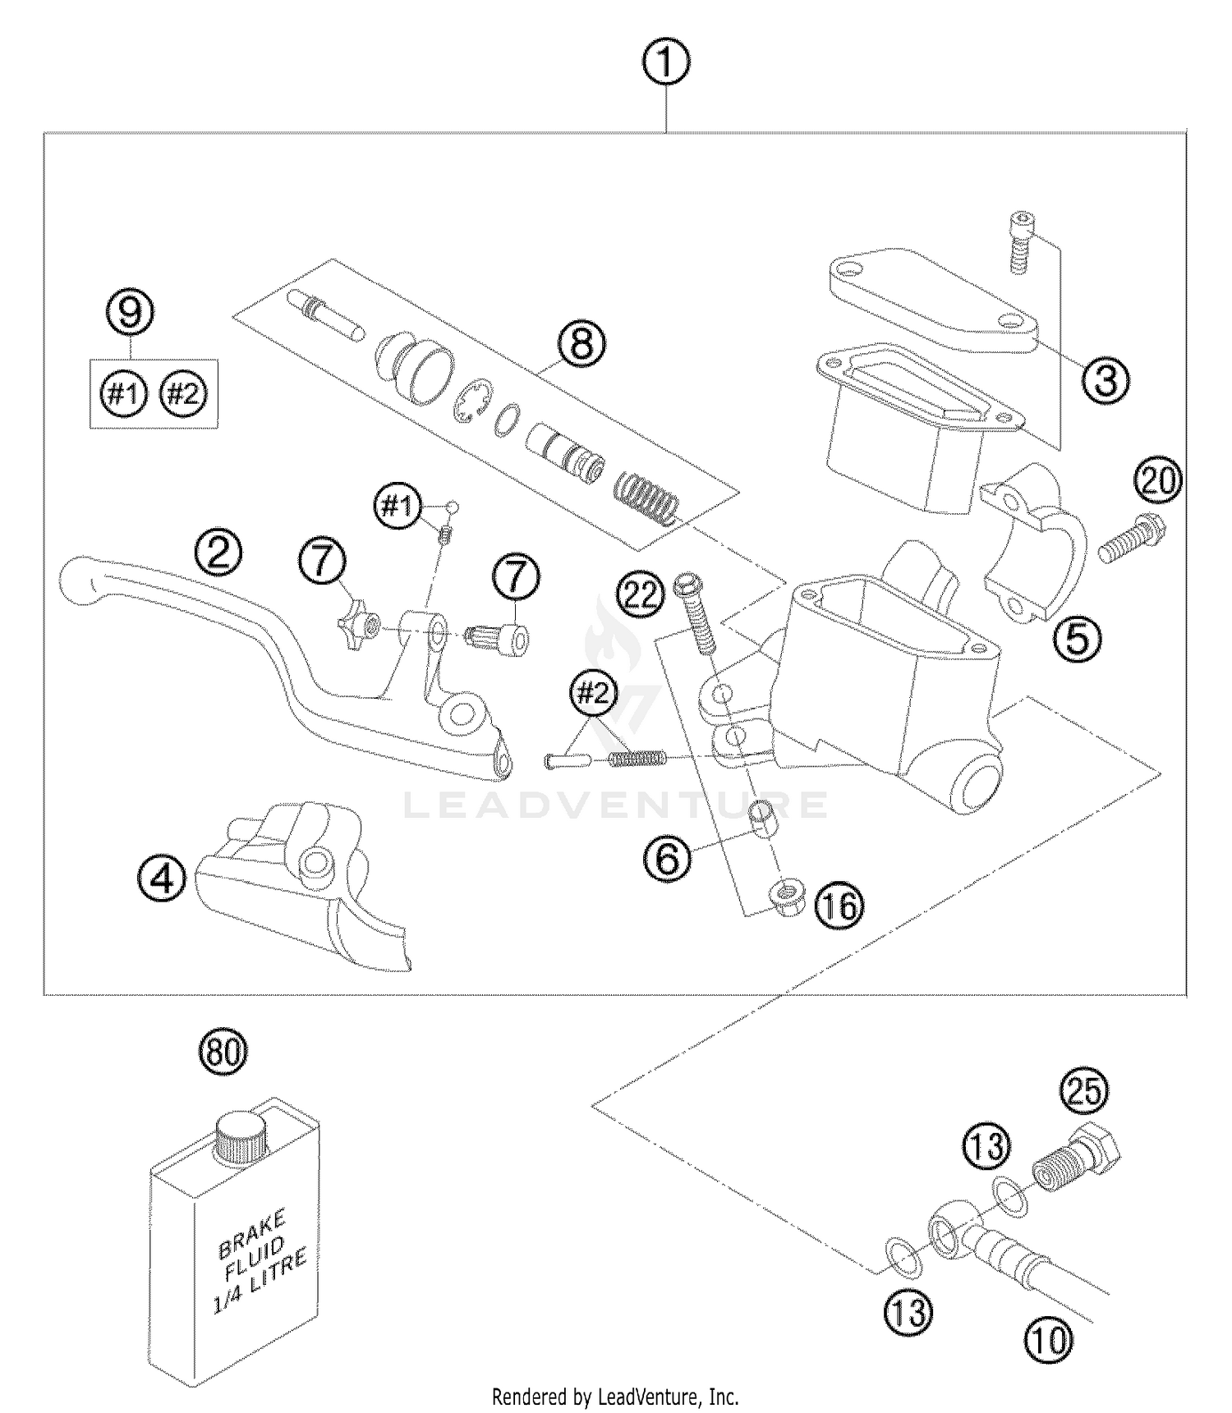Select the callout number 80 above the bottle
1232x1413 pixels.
(x=223, y=1052)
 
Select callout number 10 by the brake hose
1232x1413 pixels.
(x=1049, y=1341)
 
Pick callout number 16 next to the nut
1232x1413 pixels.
(x=839, y=906)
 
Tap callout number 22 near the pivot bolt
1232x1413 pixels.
(x=641, y=593)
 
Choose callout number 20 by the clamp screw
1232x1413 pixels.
(x=1159, y=481)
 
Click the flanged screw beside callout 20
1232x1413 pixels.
(x=1130, y=538)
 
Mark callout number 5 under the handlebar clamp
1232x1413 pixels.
(x=1077, y=636)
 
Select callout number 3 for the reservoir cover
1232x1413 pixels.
(x=1105, y=380)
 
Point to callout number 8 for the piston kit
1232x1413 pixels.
(x=581, y=344)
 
